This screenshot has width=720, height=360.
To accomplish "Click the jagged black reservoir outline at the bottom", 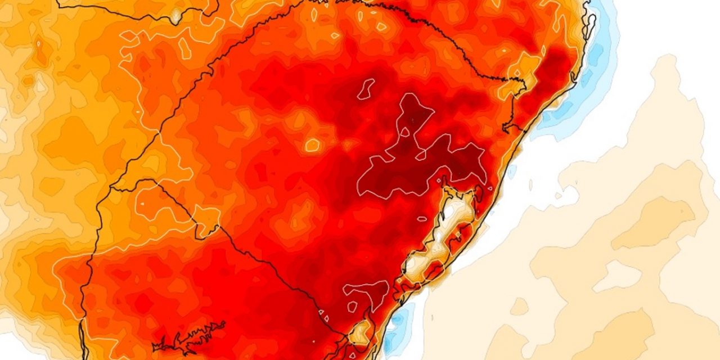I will [x=188, y=337].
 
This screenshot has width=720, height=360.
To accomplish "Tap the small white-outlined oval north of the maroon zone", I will [x=366, y=88].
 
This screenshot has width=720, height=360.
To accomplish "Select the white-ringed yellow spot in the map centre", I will [x=312, y=145].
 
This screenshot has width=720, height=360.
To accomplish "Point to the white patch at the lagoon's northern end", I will [x=457, y=208].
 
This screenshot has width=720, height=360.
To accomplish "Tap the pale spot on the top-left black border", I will [x=176, y=16].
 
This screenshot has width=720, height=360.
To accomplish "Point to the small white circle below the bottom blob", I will [x=352, y=307].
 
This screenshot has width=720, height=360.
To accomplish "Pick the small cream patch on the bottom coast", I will [x=361, y=332].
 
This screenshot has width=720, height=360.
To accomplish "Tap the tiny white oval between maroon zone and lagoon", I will [x=422, y=219].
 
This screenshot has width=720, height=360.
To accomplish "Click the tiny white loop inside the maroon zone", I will [x=403, y=133].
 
